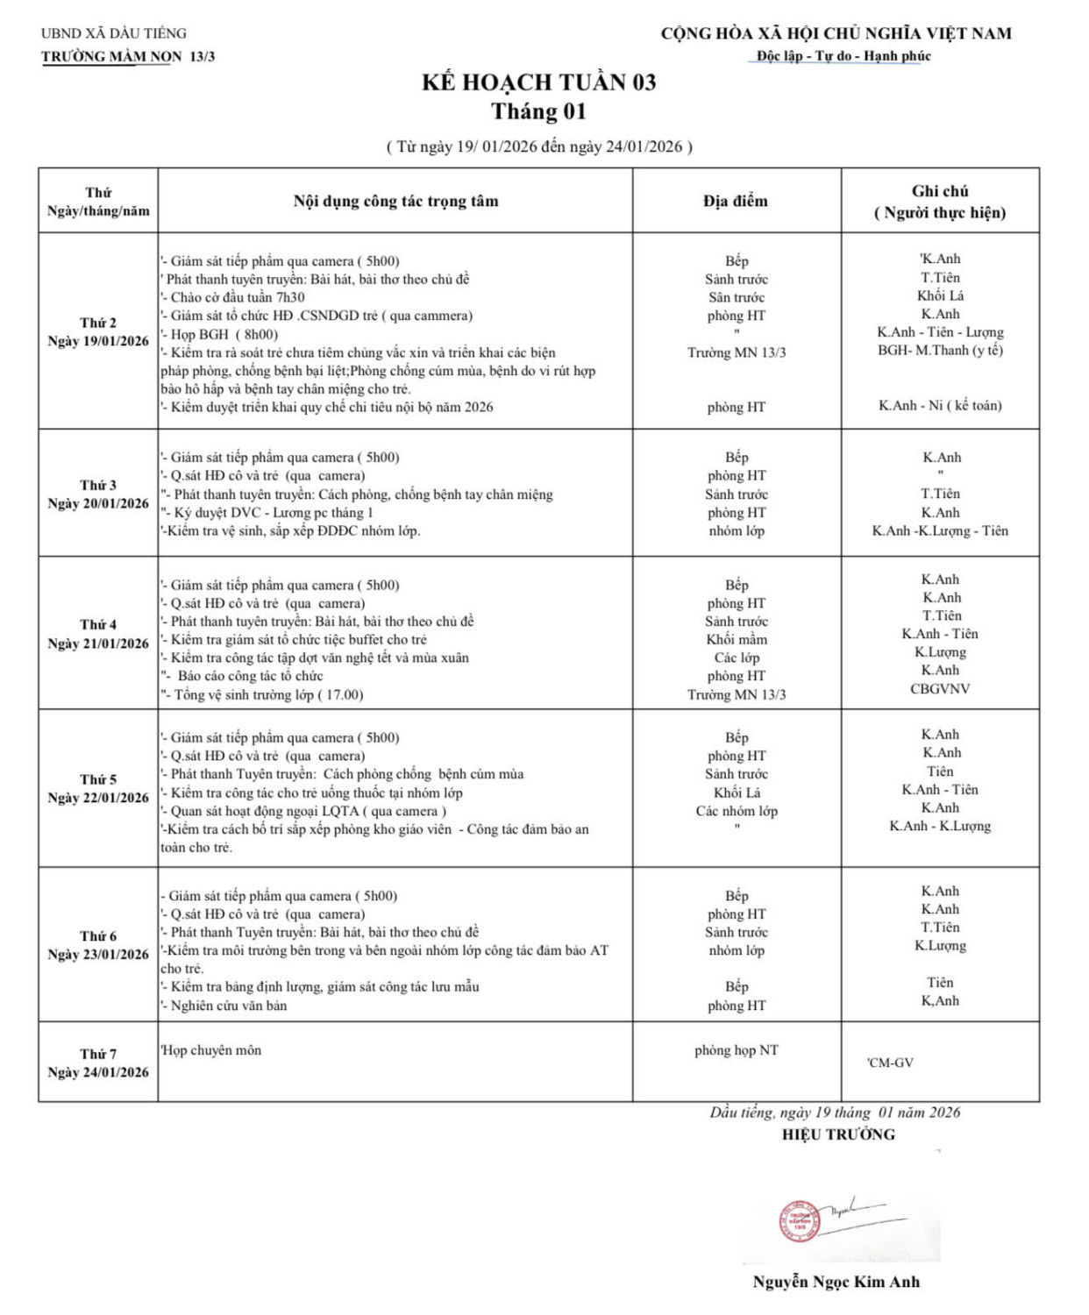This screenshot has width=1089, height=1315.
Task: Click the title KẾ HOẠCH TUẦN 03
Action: click(538, 82)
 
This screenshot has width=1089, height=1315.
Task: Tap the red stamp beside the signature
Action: click(797, 1220)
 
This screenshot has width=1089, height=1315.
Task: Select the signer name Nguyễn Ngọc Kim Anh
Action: click(836, 1282)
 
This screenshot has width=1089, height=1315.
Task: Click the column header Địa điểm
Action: click(735, 201)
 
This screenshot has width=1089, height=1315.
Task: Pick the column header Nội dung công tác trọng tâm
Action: click(395, 201)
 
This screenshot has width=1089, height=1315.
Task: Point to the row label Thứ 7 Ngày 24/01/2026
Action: click(98, 1063)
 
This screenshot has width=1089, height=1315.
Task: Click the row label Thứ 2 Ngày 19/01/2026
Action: click(98, 331)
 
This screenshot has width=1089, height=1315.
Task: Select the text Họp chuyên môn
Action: click(211, 1050)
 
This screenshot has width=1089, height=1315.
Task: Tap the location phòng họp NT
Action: click(736, 1050)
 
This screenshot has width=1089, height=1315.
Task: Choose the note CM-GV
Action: click(891, 1063)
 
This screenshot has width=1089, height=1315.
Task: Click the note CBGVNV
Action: click(940, 689)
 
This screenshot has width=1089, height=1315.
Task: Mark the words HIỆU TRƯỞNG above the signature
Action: click(838, 1134)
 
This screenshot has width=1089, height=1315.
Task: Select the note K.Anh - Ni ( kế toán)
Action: click(940, 405)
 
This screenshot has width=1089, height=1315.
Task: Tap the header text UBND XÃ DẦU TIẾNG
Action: click(114, 33)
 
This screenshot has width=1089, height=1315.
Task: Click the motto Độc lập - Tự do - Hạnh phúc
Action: click(843, 56)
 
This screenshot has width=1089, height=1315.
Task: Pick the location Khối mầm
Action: click(737, 639)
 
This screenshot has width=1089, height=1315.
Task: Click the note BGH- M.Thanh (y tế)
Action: click(940, 350)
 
